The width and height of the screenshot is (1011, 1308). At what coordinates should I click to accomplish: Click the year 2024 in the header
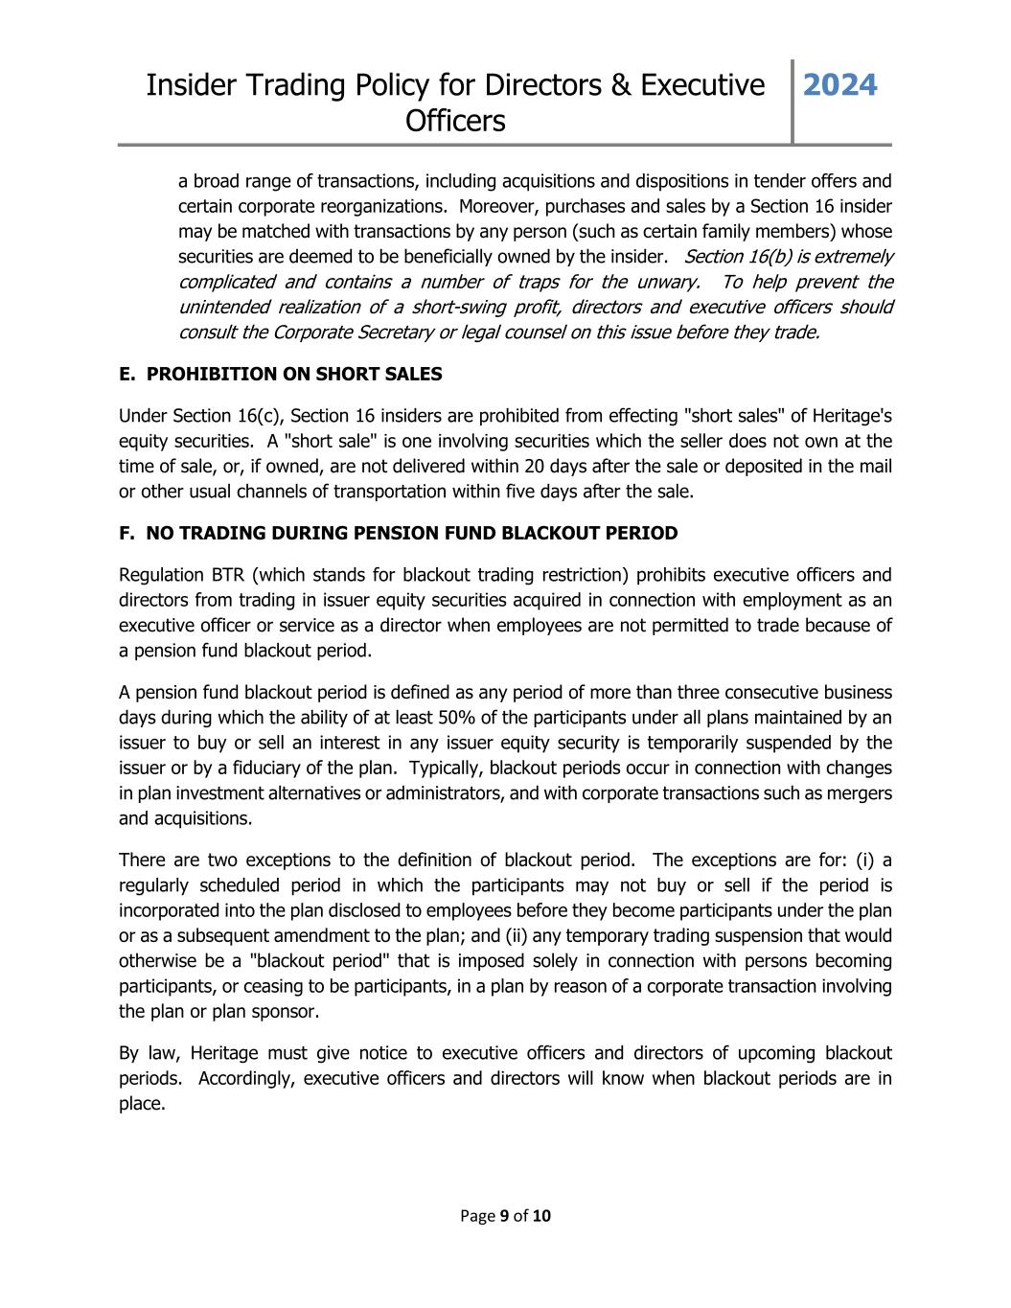(839, 85)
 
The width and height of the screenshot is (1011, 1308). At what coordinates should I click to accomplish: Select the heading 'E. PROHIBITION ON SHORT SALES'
(281, 374)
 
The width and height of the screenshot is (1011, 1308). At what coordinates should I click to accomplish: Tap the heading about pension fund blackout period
(398, 533)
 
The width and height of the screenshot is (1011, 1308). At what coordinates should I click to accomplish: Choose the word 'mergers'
(861, 792)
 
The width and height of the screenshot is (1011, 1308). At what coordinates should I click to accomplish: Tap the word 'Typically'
(445, 768)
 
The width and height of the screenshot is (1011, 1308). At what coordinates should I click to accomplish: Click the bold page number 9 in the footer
(504, 1216)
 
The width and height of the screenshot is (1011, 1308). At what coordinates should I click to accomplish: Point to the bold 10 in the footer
(541, 1216)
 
